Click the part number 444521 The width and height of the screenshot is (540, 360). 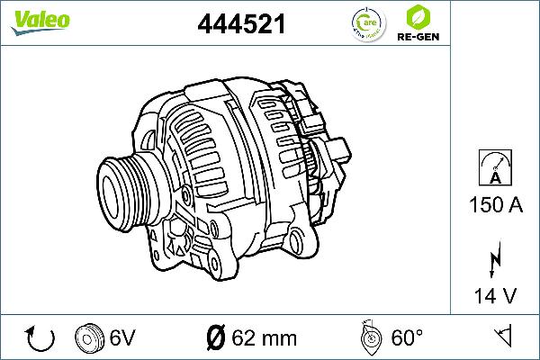click(242, 25)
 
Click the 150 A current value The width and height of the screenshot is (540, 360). click(495, 205)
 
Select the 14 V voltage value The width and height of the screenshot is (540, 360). click(495, 293)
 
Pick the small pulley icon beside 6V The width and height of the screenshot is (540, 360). click(90, 337)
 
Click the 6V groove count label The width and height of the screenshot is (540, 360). click(122, 338)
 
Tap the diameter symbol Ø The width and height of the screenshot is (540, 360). click(216, 338)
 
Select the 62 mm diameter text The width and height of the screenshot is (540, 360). click(265, 338)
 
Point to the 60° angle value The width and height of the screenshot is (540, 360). click(407, 338)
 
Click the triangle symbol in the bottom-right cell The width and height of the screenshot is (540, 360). click(504, 337)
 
